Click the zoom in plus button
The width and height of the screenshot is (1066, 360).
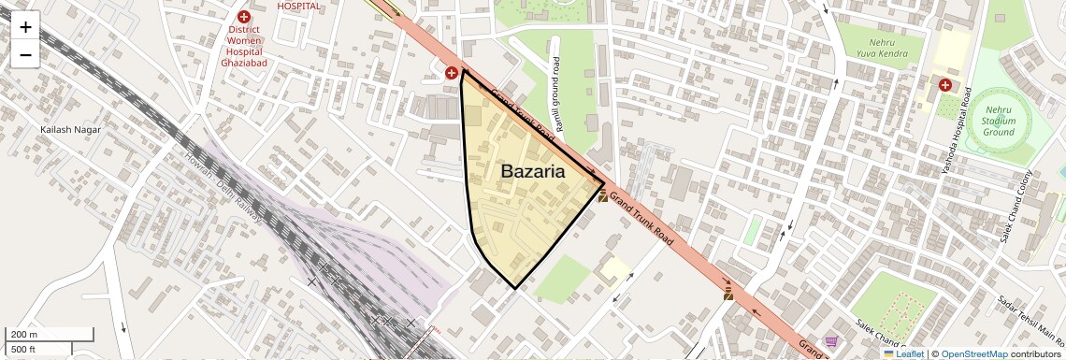point(25,27)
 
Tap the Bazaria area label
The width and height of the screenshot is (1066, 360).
point(533,171)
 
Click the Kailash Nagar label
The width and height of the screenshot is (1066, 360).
point(70,129)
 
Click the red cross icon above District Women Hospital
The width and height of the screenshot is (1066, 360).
point(244,16)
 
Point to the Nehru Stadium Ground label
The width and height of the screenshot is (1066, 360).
point(999,121)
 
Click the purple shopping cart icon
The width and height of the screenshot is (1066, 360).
point(831,343)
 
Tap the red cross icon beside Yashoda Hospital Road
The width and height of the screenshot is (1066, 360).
point(945,85)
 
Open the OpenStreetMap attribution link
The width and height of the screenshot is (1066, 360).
point(973,354)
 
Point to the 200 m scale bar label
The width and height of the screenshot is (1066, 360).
point(24,334)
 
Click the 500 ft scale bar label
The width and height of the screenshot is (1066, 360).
point(22,350)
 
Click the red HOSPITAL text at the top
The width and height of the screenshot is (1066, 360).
point(299,6)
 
